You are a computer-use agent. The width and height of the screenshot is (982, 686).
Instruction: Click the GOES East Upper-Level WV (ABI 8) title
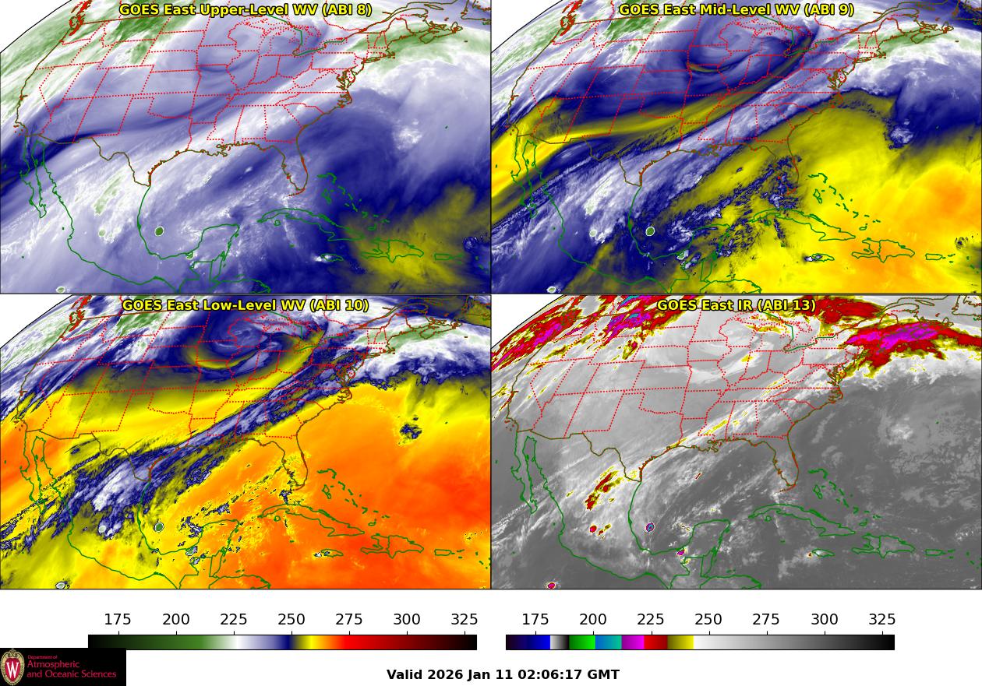(x=245, y=10)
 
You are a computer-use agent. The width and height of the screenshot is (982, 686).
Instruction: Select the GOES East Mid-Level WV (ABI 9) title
(x=736, y=10)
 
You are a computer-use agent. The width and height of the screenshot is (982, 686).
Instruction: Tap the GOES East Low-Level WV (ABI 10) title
(x=245, y=305)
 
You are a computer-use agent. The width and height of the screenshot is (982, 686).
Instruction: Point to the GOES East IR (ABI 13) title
(x=736, y=305)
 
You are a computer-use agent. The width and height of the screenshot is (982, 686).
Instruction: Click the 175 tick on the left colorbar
(x=118, y=620)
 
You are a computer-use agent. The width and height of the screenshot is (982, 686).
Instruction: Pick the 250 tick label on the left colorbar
(x=291, y=620)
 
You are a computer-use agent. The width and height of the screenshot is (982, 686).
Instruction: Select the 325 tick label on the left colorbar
(x=465, y=620)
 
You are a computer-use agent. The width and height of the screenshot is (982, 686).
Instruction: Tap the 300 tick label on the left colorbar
(x=407, y=620)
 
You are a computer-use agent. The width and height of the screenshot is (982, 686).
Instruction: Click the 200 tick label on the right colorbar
(x=593, y=620)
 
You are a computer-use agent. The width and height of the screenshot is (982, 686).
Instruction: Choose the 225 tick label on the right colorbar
(x=651, y=620)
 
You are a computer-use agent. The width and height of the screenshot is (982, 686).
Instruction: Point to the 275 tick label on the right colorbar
(x=766, y=620)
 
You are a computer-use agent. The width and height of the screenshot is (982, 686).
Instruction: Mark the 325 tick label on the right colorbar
(x=882, y=620)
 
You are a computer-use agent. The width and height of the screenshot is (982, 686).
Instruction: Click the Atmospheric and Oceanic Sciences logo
(x=62, y=667)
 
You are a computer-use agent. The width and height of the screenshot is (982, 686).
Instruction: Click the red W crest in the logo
(x=12, y=667)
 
